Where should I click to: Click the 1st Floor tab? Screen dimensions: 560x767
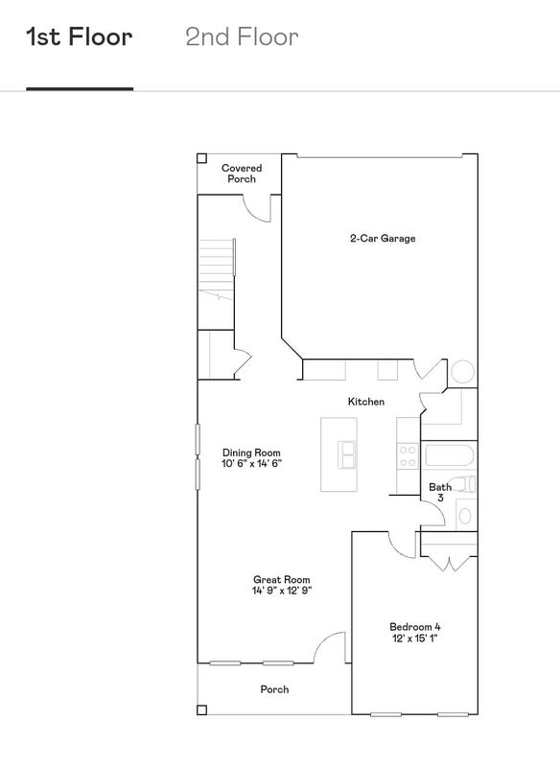pos(80,37)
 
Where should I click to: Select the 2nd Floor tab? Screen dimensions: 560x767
pos(242,37)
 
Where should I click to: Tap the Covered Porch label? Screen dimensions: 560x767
pos(242,174)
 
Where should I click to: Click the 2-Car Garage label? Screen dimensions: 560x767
pos(383,238)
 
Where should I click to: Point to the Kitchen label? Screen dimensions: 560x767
pos(366,402)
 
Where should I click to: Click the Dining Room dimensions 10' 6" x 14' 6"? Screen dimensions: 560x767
pos(252,463)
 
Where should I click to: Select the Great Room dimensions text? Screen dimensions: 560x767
pos(282,591)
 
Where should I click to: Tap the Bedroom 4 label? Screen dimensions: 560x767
pos(415,627)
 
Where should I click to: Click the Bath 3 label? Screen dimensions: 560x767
pos(440,492)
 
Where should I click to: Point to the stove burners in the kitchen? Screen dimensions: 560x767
pos(408,455)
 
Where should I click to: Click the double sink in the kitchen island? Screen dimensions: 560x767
pos(347,454)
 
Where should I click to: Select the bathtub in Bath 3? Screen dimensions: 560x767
pos(450,455)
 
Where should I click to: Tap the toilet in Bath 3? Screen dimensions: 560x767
pos(463,484)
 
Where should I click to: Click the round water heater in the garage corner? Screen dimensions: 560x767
pos(462,372)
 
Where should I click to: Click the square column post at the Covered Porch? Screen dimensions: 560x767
pos(201,158)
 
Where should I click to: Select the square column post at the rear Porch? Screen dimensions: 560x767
pos(201,709)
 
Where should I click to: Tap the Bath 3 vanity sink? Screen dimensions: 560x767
pos(465,516)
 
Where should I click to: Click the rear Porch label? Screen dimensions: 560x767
pos(274,689)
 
